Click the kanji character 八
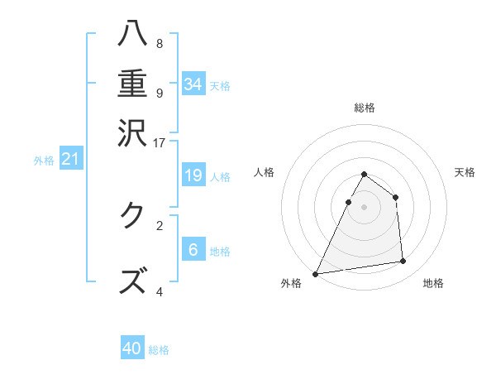[133, 34]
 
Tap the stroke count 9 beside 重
[160, 93]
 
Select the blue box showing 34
[193, 84]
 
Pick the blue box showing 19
[193, 175]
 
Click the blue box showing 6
[193, 250]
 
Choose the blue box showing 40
[132, 348]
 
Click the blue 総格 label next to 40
[159, 350]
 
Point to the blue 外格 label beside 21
[44, 161]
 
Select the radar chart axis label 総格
[364, 108]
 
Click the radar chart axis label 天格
[465, 172]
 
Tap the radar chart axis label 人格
[265, 172]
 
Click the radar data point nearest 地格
[403, 262]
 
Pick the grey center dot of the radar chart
[364, 207]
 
